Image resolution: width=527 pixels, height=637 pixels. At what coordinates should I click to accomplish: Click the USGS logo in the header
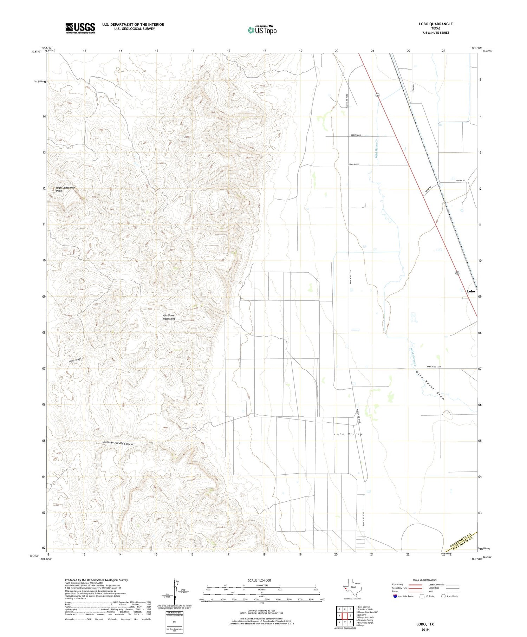pos(80,28)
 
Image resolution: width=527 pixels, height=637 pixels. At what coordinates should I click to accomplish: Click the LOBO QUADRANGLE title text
pos(436,24)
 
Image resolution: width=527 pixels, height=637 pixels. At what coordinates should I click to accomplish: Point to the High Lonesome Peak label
pos(65,189)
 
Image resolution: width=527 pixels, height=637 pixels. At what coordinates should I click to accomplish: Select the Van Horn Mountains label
pos(169,317)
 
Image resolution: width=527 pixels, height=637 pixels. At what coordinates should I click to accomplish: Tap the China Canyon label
pos(75,360)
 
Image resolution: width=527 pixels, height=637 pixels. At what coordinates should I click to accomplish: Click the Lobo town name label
pos(471,291)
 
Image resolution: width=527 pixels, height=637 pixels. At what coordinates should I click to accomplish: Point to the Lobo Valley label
pos(348,434)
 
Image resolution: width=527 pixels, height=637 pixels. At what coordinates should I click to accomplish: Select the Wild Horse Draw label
pos(430,385)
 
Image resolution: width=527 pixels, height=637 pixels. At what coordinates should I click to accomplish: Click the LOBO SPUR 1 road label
pos(357,135)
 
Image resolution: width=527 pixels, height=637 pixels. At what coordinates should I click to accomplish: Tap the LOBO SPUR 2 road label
pos(354,164)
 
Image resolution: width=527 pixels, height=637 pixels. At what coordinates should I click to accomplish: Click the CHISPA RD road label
pos(460,181)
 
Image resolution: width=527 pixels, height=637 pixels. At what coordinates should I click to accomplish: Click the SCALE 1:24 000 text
pos(259,580)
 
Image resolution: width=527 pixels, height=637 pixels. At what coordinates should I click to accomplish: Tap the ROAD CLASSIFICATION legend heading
pos(425,580)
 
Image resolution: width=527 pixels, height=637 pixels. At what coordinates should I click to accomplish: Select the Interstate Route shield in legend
pos(395,596)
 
